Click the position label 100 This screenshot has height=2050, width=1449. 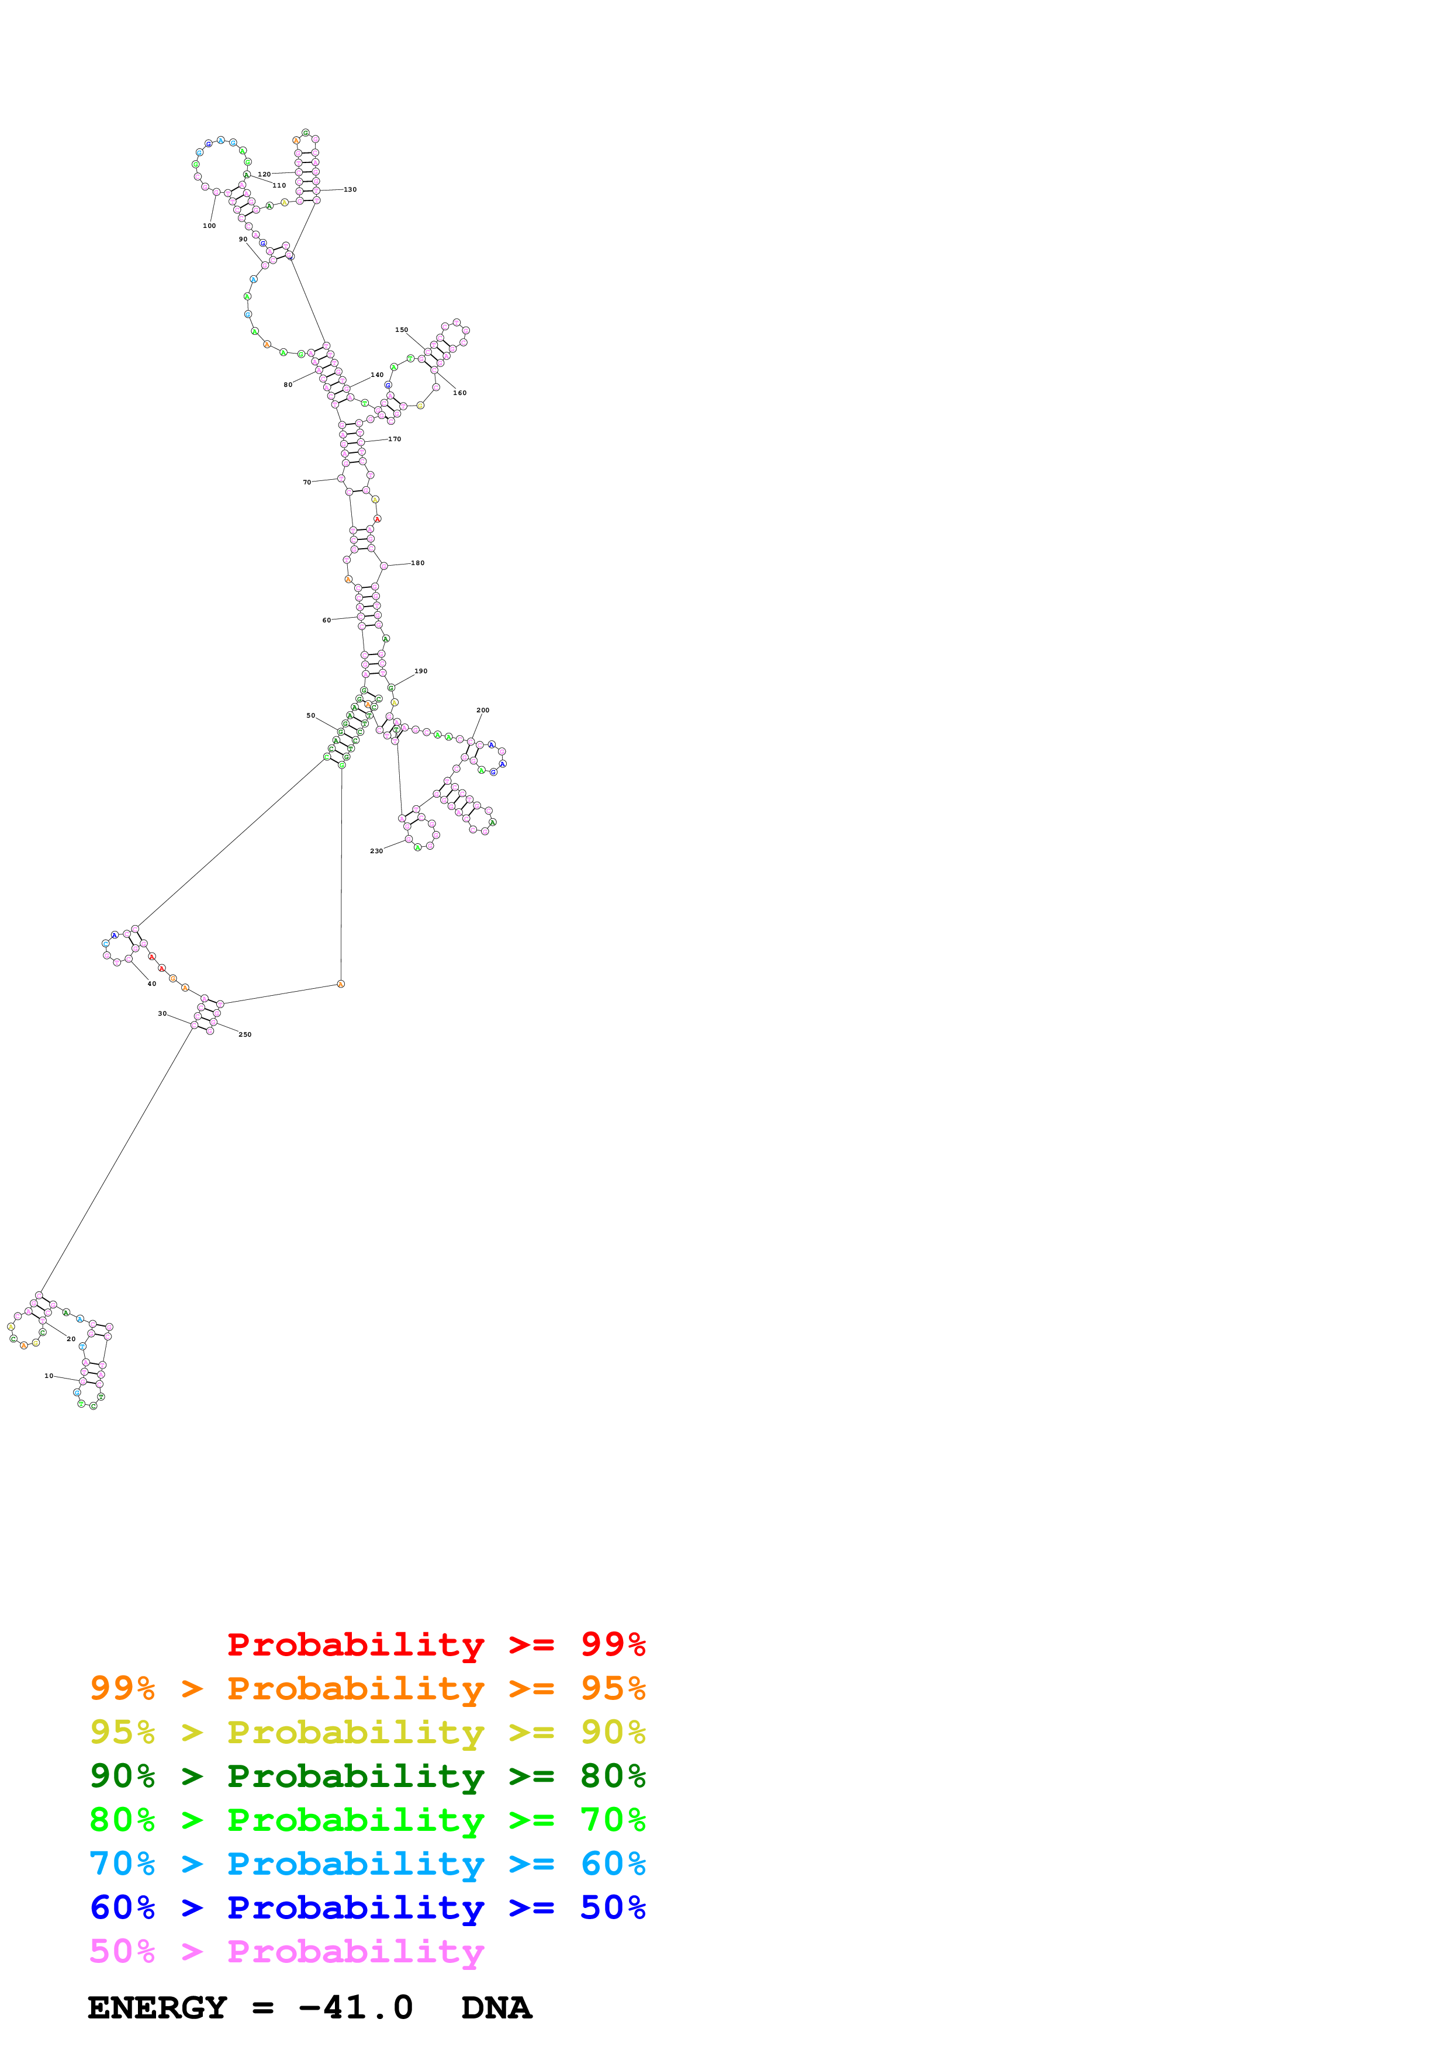click(x=209, y=226)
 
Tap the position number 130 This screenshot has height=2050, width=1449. click(x=350, y=189)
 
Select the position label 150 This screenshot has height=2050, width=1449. click(x=402, y=330)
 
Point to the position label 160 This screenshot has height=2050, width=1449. click(x=460, y=393)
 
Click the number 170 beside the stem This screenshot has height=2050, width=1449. click(x=395, y=439)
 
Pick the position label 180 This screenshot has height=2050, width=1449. click(x=418, y=563)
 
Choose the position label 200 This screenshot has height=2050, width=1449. click(x=483, y=711)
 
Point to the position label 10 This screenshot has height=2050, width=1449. click(x=49, y=1376)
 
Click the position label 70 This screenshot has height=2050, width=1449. click(x=307, y=482)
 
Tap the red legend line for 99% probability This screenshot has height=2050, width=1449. click(x=435, y=1644)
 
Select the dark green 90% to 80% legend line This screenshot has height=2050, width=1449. click(x=367, y=1776)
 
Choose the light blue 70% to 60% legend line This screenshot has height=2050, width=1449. click(x=367, y=1864)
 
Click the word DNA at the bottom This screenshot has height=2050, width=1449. click(x=496, y=2008)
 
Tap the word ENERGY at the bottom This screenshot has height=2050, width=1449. click(x=157, y=2008)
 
